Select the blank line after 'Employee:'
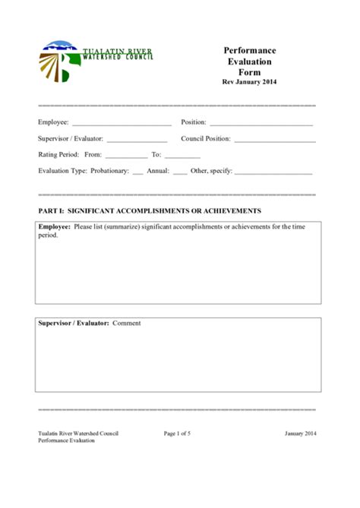point(122,123)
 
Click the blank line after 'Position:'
point(261,123)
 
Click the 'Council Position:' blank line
point(275,140)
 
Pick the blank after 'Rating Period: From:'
point(126,156)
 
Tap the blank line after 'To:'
point(182,156)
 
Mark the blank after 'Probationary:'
point(137,172)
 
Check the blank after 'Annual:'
point(180,172)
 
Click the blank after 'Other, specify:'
point(273,172)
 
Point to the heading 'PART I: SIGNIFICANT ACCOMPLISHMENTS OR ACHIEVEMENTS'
point(150,210)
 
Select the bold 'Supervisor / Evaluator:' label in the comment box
point(74,323)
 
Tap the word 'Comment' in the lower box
point(127,323)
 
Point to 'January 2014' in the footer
point(301,434)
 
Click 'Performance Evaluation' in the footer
point(67,441)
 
